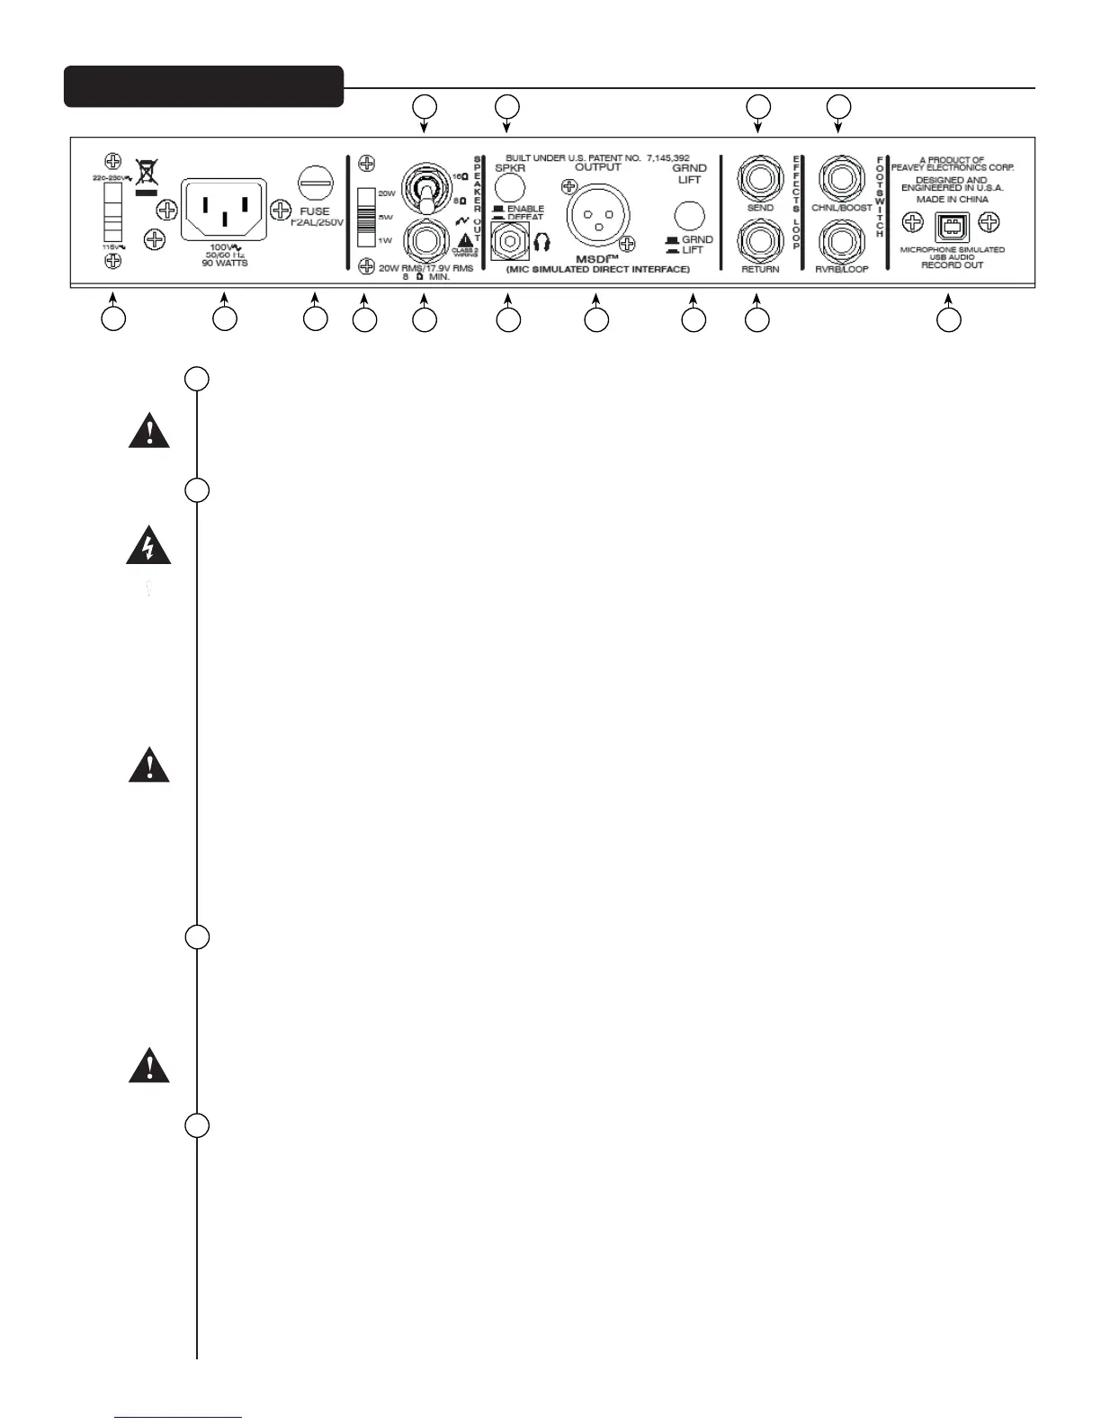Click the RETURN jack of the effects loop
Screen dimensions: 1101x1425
pyautogui.click(x=759, y=241)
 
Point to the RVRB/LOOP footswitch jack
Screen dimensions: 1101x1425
pyautogui.click(x=841, y=241)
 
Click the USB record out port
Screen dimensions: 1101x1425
pyautogui.click(x=952, y=228)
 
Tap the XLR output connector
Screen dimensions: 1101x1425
pyautogui.click(x=596, y=216)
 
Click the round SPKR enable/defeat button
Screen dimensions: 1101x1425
pyautogui.click(x=509, y=187)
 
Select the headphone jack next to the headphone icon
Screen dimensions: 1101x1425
pyautogui.click(x=508, y=243)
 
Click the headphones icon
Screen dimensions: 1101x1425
pyautogui.click(x=542, y=243)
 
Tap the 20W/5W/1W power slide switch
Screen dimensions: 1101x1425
pyautogui.click(x=365, y=217)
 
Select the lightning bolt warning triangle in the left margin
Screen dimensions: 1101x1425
pyautogui.click(x=148, y=547)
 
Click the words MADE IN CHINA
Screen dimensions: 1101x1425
pyautogui.click(x=952, y=200)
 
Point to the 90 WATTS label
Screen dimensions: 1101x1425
pyautogui.click(x=224, y=263)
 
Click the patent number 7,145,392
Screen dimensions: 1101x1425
pyautogui.click(x=668, y=157)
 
